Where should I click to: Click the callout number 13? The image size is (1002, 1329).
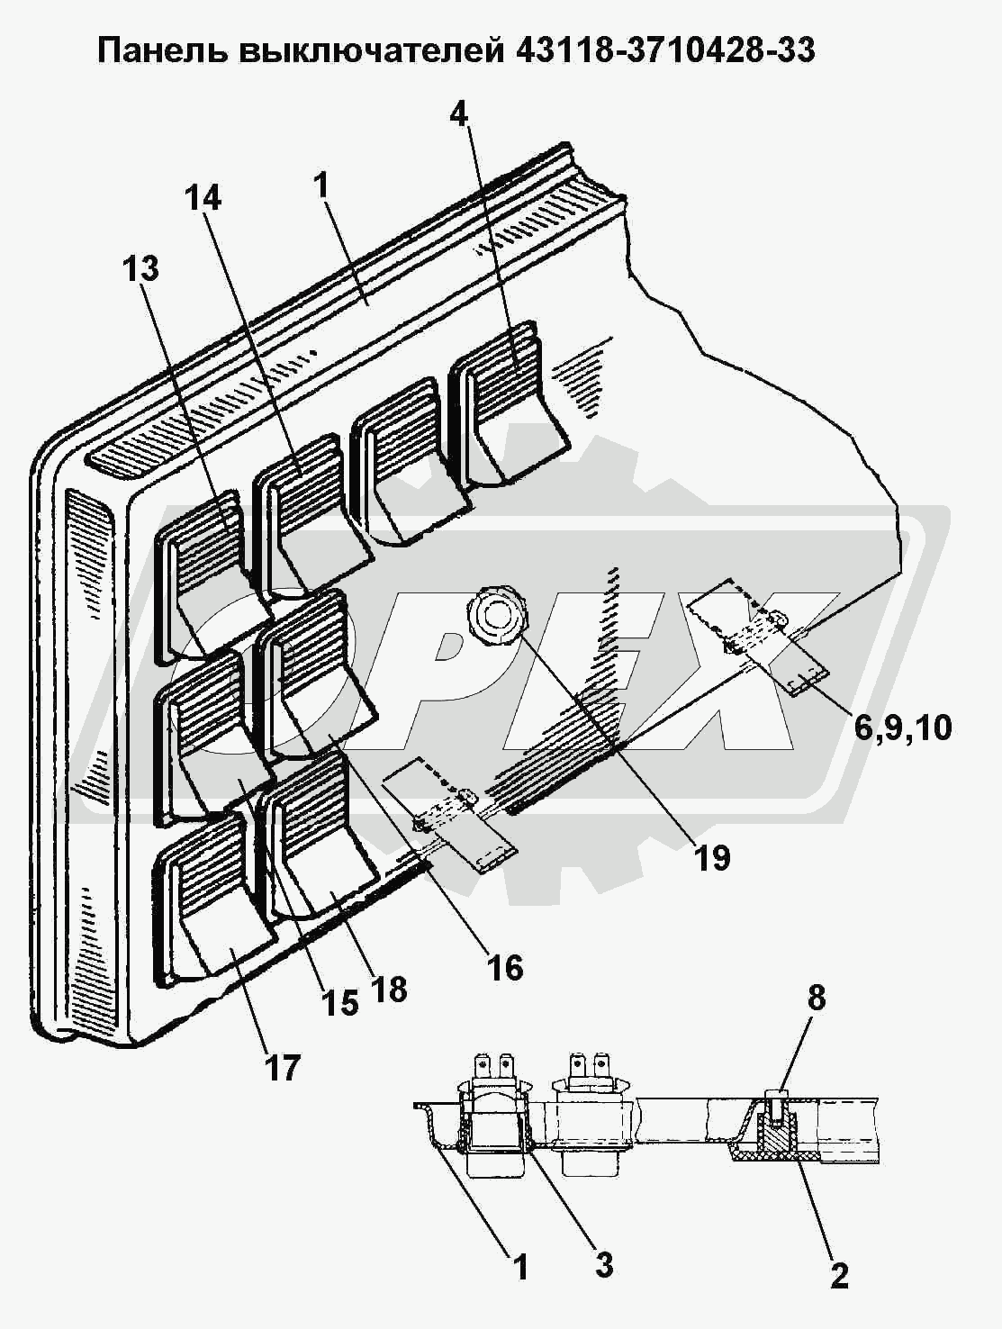point(141,268)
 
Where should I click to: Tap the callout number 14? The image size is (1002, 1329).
point(203,198)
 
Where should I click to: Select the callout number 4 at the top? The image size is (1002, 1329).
point(459,113)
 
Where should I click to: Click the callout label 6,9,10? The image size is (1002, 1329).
point(903,728)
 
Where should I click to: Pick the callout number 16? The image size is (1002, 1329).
point(506,968)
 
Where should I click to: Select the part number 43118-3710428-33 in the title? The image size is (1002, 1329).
point(665,50)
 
